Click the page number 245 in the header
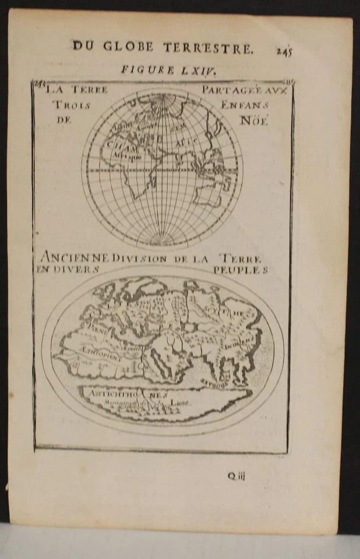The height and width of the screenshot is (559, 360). (284, 50)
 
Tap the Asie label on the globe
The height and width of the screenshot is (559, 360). (189, 140)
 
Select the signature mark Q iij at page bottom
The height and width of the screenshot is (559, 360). (237, 475)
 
